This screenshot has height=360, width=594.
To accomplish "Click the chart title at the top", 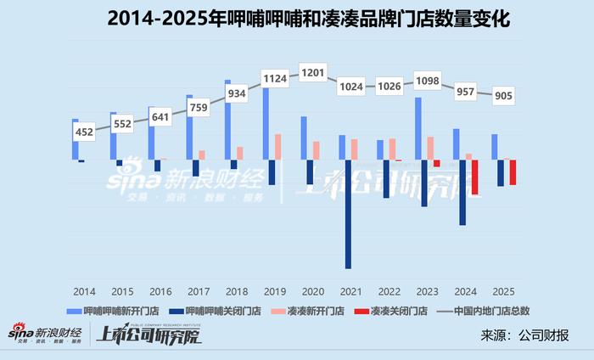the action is click(x=308, y=18).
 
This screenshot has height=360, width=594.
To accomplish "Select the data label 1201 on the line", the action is click(x=313, y=72).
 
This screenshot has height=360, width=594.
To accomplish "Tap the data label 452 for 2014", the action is click(x=84, y=132).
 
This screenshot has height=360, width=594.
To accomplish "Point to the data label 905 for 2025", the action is click(x=503, y=96).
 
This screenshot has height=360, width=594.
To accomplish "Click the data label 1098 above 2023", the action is click(x=428, y=81).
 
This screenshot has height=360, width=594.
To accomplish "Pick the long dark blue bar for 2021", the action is click(x=348, y=214).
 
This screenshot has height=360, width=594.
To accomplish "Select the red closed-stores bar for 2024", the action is click(x=474, y=177).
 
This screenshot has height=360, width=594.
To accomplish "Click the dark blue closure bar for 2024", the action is click(x=462, y=193).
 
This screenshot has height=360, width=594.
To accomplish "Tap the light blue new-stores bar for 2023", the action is click(x=418, y=128).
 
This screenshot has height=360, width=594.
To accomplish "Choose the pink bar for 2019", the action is click(x=278, y=147).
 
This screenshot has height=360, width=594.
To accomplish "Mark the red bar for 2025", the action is click(x=513, y=172).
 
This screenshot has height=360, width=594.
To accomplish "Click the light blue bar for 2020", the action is click(x=304, y=138).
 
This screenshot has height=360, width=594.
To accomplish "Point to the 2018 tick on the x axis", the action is click(x=237, y=292).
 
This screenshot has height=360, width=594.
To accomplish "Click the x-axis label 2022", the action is click(x=389, y=292).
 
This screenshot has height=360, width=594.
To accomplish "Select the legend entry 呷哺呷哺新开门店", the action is click(x=113, y=311).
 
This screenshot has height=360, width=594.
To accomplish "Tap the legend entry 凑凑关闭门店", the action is click(x=390, y=311).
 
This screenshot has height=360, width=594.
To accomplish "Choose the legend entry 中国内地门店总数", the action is click(x=483, y=311).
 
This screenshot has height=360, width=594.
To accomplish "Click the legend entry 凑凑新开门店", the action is click(x=307, y=311).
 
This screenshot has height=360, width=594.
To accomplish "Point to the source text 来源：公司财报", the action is click(x=524, y=335).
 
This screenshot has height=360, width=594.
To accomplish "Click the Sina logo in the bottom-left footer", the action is click(x=45, y=333).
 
